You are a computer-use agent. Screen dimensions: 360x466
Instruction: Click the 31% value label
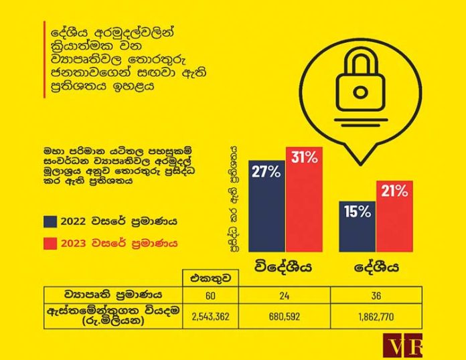pyautogui.click(x=305, y=159)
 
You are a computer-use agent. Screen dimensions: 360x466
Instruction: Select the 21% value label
pyautogui.click(x=394, y=191)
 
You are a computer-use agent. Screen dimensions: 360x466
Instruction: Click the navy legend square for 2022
pyautogui.click(x=50, y=221)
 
